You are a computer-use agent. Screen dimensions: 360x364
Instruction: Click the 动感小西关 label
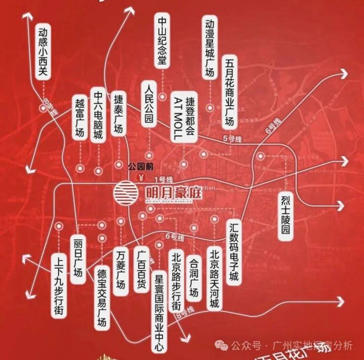[x=43, y=52]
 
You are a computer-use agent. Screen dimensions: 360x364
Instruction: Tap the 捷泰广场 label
[x=118, y=113]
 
